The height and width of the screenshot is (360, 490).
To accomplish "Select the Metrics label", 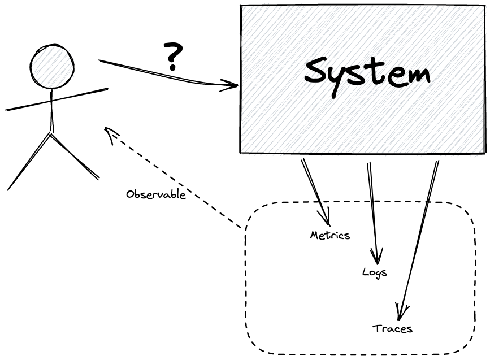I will coord(330,235).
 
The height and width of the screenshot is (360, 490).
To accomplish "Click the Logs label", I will coord(375,272).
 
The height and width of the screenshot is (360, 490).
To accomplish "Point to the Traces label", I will coord(393,328).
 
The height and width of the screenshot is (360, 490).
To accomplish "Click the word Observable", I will coord(156,194).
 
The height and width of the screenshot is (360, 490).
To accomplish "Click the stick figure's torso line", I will coord(51,110).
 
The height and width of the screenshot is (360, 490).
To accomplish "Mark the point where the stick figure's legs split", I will coord(51,132).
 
